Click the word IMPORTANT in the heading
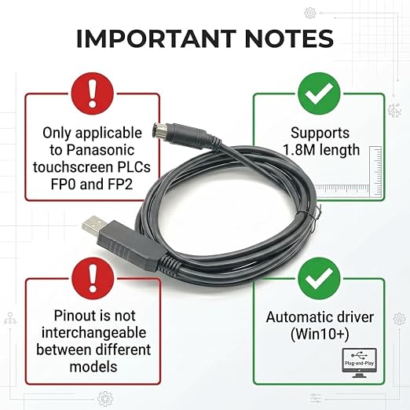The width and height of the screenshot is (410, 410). pyautogui.click(x=156, y=38)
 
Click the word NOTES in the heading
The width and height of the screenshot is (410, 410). pyautogui.click(x=289, y=38)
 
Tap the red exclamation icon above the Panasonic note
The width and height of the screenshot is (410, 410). pyautogui.click(x=93, y=93)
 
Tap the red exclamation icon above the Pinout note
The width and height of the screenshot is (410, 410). pyautogui.click(x=93, y=278)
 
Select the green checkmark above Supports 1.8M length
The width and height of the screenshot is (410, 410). pyautogui.click(x=319, y=93)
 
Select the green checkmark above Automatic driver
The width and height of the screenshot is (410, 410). pyautogui.click(x=319, y=278)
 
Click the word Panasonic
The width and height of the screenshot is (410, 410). pyautogui.click(x=101, y=150)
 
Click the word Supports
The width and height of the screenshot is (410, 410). pyautogui.click(x=320, y=134)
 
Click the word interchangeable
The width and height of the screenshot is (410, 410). pyautogui.click(x=94, y=333)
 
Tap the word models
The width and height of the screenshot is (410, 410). pyautogui.click(x=93, y=367)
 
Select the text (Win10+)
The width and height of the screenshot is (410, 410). pyautogui.click(x=320, y=334)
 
